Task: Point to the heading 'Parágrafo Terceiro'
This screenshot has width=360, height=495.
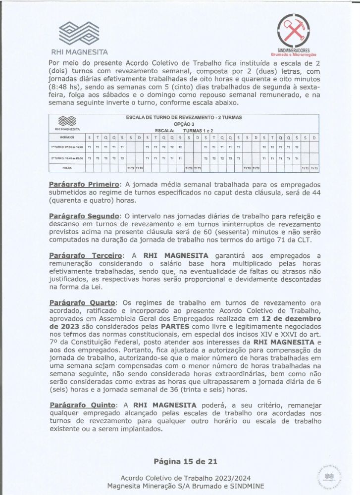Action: (x=85, y=255)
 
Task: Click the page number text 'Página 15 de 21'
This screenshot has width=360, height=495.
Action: (x=185, y=461)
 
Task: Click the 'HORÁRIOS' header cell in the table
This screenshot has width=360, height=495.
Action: (x=67, y=137)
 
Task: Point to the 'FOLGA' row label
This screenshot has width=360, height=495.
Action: (x=67, y=168)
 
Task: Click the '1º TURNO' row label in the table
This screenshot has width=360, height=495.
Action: (x=67, y=147)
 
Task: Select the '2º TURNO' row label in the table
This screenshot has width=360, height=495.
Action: (x=67, y=158)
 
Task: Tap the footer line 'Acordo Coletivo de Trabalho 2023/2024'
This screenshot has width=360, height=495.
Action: (x=186, y=478)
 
